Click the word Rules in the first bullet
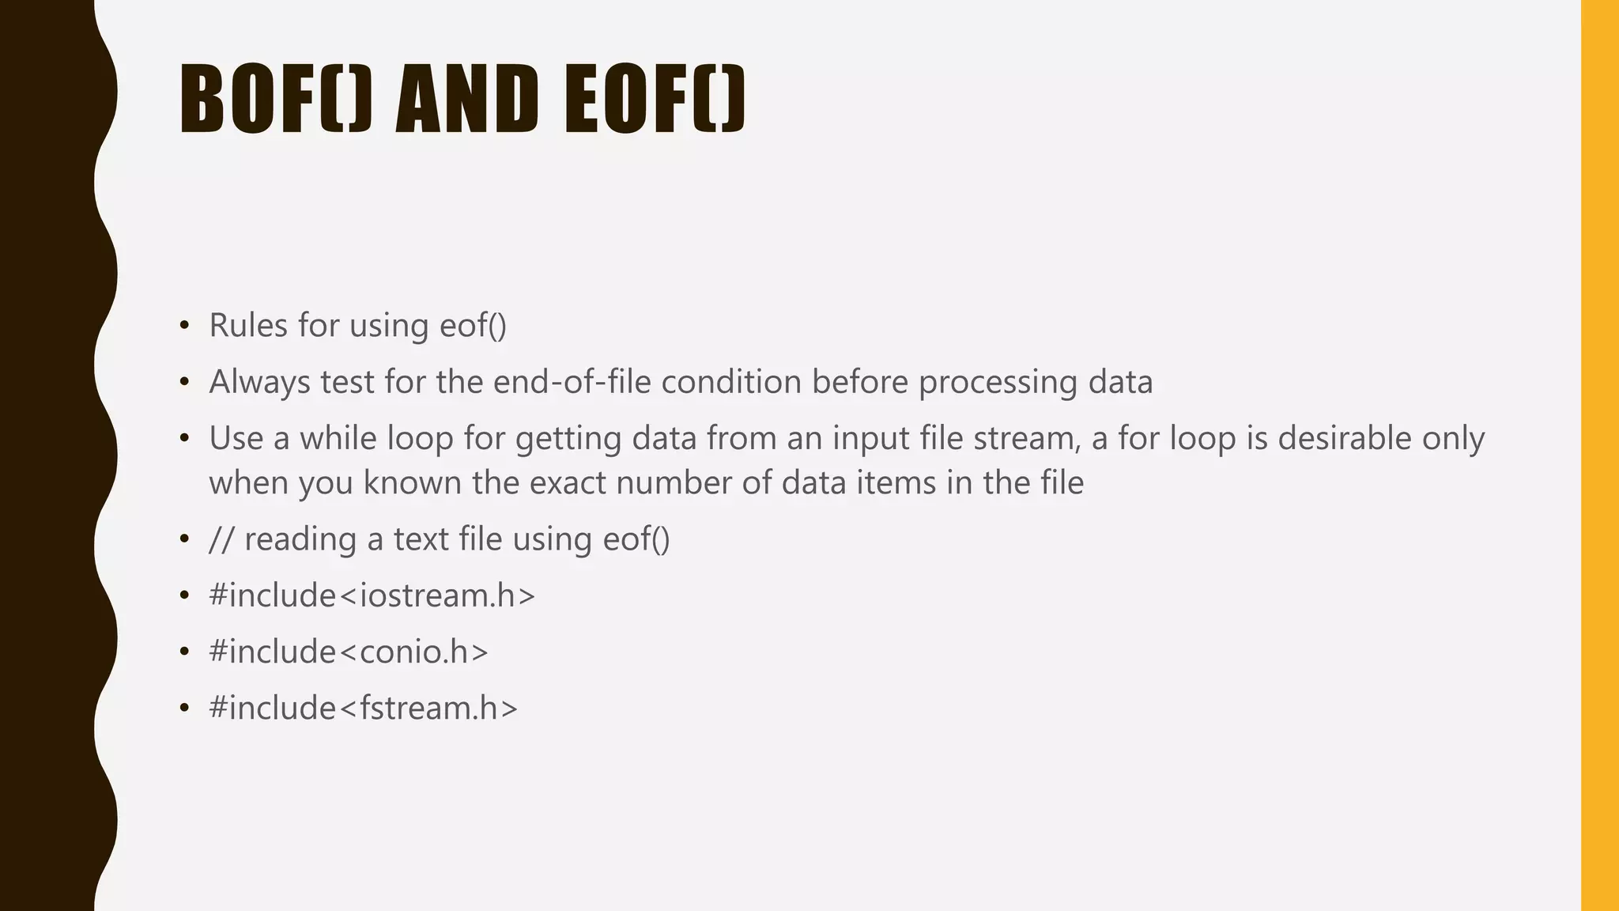(x=248, y=326)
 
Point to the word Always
(x=259, y=383)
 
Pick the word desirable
(x=1344, y=439)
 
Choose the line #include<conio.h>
(x=349, y=652)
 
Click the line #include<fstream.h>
(x=363, y=709)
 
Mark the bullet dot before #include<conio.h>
(x=184, y=652)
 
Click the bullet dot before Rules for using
(x=184, y=326)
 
